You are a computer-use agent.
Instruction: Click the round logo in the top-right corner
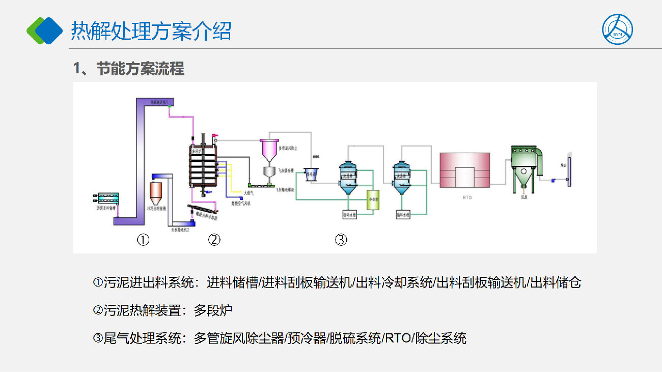point(618,29)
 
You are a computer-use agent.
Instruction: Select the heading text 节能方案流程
point(140,69)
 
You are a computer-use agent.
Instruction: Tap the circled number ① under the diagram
point(143,239)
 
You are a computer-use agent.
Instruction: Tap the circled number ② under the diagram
point(214,239)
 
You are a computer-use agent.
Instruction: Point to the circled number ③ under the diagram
point(341,239)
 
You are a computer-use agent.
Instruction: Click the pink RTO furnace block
point(465,170)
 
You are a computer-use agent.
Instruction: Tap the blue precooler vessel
point(311,174)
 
